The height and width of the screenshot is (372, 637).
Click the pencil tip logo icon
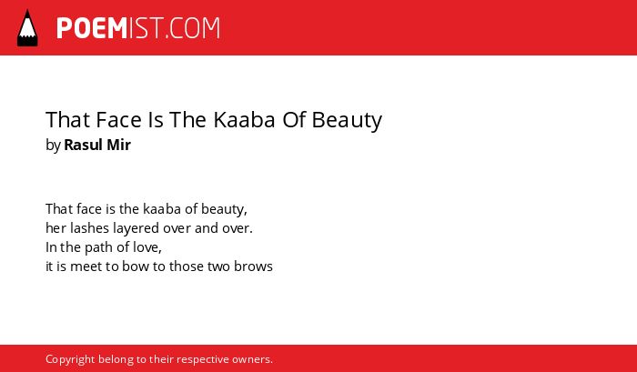[27, 27]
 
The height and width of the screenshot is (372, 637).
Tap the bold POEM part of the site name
[92, 28]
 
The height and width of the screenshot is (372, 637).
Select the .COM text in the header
[192, 28]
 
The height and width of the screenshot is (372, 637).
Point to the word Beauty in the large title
[347, 121]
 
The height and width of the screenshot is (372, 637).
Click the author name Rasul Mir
[97, 145]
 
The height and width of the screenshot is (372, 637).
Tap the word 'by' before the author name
[53, 146]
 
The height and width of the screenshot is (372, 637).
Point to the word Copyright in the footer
[70, 360]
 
